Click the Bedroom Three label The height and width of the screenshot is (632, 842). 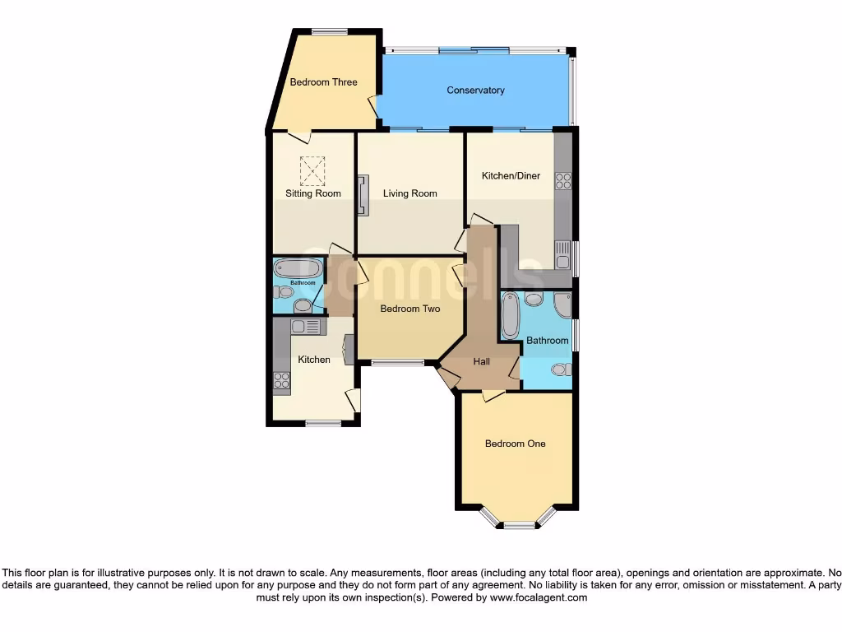pyautogui.click(x=323, y=82)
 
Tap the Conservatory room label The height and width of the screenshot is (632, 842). pyautogui.click(x=475, y=91)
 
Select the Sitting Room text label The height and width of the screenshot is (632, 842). pyautogui.click(x=312, y=194)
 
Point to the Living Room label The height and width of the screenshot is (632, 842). pyautogui.click(x=409, y=194)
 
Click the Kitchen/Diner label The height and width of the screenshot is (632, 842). pyautogui.click(x=511, y=176)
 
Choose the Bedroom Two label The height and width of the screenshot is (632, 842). pyautogui.click(x=409, y=309)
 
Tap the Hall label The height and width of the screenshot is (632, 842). pyautogui.click(x=481, y=361)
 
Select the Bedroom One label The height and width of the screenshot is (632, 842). pyautogui.click(x=515, y=444)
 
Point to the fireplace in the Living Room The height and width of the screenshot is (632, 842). pyautogui.click(x=363, y=195)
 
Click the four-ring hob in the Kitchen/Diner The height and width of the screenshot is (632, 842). pyautogui.click(x=563, y=180)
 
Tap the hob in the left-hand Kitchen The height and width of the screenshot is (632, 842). pyautogui.click(x=281, y=380)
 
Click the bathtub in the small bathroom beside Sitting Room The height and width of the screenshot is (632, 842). pyautogui.click(x=298, y=268)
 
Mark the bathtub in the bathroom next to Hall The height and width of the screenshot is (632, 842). pyautogui.click(x=510, y=317)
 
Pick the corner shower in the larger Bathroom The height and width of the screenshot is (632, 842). pyautogui.click(x=563, y=304)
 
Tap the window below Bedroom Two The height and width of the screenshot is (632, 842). pyautogui.click(x=397, y=362)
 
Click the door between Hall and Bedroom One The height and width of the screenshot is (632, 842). pyautogui.click(x=493, y=397)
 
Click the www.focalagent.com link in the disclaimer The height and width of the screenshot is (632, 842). pyautogui.click(x=538, y=598)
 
